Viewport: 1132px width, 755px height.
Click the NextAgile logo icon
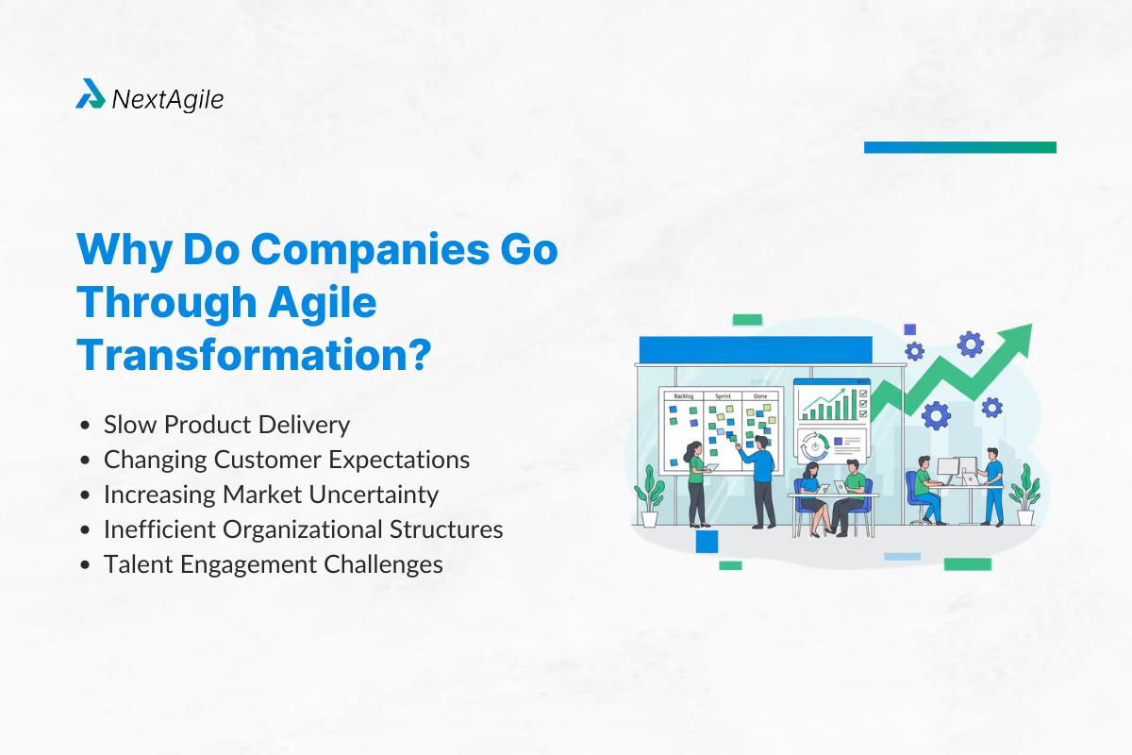point(91,94)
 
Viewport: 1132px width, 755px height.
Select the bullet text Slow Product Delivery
point(226,425)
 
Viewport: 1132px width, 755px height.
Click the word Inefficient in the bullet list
point(159,529)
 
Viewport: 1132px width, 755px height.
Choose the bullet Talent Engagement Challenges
point(273,564)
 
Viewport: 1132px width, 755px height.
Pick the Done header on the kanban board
point(759,396)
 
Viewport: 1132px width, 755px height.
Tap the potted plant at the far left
point(649,495)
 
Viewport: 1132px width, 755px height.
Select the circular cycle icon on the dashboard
point(813,444)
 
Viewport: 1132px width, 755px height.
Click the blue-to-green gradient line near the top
point(959,147)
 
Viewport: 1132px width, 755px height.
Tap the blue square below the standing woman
point(707,541)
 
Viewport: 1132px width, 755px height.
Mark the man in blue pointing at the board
point(760,481)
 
